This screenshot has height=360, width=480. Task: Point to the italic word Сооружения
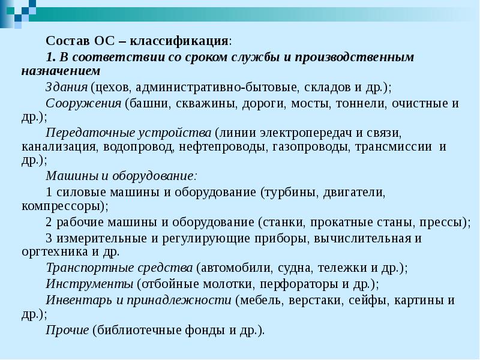[x=83, y=103]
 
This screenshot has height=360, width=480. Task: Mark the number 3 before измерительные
[x=49, y=238]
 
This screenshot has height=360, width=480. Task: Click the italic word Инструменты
[x=88, y=284]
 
